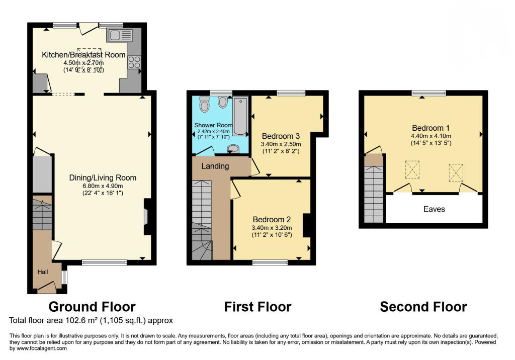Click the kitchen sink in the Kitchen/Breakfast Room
pos(120,35)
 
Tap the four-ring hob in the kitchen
pos(134,62)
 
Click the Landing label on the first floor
pos(215,166)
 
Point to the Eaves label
pos(434,209)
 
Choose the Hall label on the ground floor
pos(43,272)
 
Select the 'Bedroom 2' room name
pos(272,219)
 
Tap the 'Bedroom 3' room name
pos(281,136)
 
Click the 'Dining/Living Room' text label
pos(103,177)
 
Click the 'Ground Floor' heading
pos(92,306)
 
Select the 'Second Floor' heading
pos(423,306)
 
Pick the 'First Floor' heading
pos(257,306)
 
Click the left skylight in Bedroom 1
pos(412,169)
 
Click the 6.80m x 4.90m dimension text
pos(103,185)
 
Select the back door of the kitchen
pos(89,29)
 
